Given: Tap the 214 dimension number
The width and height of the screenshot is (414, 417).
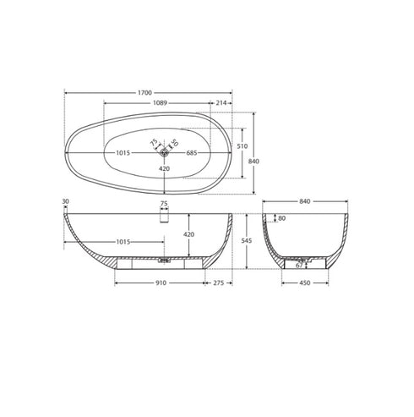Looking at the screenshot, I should tap(221, 102).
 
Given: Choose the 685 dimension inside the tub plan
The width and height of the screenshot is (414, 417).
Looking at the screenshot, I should tap(191, 153).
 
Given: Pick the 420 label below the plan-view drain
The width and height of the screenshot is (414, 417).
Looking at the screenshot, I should tap(166, 168).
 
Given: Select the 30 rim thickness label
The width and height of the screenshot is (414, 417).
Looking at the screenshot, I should tap(65, 202).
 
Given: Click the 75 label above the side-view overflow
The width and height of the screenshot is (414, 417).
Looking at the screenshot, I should tap(164, 203).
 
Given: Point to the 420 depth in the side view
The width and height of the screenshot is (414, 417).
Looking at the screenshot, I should tap(188, 234).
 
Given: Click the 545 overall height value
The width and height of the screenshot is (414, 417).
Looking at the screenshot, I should tap(247, 240).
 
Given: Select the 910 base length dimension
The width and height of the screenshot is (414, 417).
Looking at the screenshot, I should tap(160, 283).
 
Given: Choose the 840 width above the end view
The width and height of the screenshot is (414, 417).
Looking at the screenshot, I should tap(306, 201).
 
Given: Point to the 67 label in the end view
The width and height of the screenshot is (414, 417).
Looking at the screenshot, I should tap(298, 265).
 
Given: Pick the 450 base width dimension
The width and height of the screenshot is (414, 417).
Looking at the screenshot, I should tap(305, 283).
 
